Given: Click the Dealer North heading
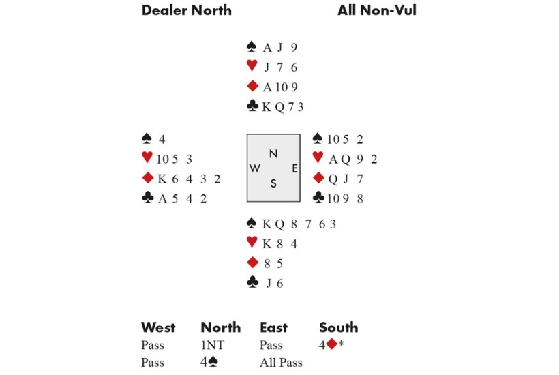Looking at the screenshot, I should [x=186, y=10].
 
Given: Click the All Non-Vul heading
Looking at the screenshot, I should [x=376, y=10].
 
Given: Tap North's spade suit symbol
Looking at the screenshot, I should [x=252, y=47].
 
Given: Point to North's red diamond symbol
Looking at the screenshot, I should [x=252, y=87].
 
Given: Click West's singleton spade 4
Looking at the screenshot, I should [x=162, y=140].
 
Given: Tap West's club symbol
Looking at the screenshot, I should [x=147, y=198].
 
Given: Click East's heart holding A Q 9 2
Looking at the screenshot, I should [x=353, y=160].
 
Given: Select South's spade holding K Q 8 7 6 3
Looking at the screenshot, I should [x=299, y=224].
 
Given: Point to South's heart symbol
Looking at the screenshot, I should [x=252, y=243].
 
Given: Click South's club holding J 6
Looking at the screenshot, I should [x=273, y=283].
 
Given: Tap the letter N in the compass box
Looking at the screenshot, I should [x=273, y=154].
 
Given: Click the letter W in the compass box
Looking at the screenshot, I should [x=254, y=168].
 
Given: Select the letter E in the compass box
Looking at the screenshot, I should [x=294, y=168].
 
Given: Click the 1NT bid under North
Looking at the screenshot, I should [x=212, y=345].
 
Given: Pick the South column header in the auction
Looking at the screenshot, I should [x=338, y=327].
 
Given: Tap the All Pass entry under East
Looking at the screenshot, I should [x=281, y=362].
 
